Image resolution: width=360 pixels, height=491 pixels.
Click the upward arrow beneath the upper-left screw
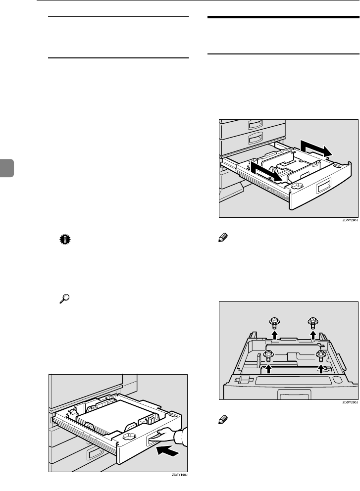pyautogui.click(x=274, y=336)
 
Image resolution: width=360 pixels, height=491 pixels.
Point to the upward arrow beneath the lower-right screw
pyautogui.click(x=321, y=369)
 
